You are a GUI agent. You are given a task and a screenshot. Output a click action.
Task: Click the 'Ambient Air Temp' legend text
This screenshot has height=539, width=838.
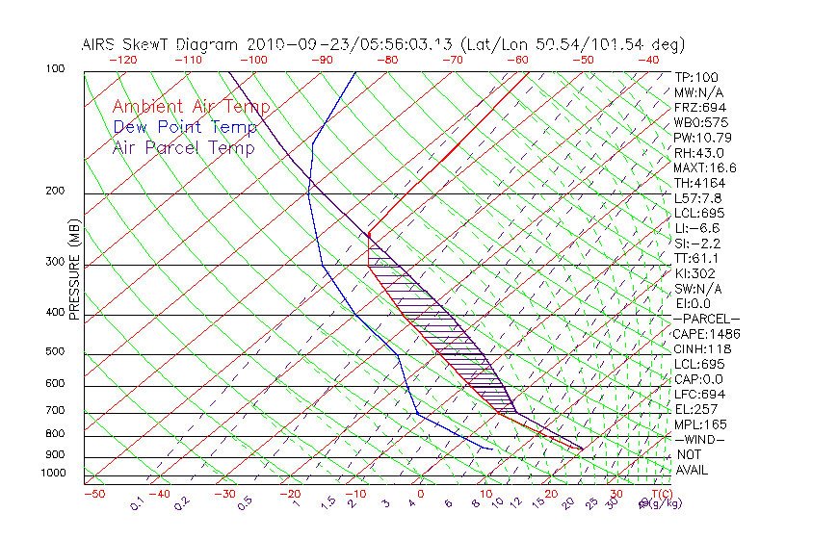point(191,107)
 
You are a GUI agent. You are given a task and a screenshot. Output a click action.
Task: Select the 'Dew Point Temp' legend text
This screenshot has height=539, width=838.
point(185,127)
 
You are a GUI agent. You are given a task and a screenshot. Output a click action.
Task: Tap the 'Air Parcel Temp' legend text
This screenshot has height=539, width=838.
point(183,147)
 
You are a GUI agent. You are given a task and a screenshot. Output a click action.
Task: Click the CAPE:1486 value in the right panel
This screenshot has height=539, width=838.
point(707,334)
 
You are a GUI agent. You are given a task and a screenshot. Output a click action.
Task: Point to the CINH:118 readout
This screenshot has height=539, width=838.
point(703,348)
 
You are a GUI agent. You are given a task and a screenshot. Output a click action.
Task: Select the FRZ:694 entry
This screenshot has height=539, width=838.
point(700,107)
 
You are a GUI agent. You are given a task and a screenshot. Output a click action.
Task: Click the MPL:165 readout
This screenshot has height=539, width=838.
point(700,424)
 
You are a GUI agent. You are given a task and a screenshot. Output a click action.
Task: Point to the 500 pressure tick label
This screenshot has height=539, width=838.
point(55,351)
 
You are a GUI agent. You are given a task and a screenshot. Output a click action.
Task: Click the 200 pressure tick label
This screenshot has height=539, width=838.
point(55,191)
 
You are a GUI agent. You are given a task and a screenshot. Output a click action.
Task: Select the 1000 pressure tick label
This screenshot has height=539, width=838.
point(52,474)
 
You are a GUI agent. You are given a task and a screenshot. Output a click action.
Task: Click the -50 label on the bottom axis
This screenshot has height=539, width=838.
point(93,494)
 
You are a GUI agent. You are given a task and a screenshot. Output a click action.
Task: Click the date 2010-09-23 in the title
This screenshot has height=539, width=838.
point(290,44)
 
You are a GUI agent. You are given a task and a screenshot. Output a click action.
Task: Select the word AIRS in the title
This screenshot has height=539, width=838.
point(100,44)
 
